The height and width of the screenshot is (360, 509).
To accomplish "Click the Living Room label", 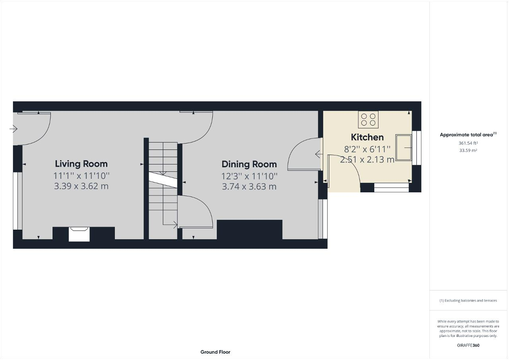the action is [x=82, y=164].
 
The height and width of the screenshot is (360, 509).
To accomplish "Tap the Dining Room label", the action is [x=249, y=165].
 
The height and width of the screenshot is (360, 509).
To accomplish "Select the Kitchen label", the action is [x=367, y=137].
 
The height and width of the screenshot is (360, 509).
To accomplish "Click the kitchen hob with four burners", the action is [x=368, y=119].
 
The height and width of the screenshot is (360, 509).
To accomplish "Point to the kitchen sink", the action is [x=404, y=147].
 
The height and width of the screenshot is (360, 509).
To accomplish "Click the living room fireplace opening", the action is [x=79, y=234].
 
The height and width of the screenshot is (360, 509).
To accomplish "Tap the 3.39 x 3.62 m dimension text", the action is [x=81, y=186].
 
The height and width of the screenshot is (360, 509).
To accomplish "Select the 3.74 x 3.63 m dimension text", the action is [x=249, y=187].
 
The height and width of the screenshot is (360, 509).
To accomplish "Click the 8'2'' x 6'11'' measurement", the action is [x=367, y=149].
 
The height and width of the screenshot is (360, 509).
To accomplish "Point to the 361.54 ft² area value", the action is [x=468, y=143].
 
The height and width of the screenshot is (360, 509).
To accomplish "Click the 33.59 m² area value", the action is [x=468, y=150].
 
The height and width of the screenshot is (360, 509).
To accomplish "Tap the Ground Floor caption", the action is [x=215, y=352].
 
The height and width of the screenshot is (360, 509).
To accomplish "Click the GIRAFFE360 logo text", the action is [x=468, y=345].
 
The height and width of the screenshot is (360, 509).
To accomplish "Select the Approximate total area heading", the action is [x=468, y=135].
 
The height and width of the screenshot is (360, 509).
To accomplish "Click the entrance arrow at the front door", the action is [x=14, y=129].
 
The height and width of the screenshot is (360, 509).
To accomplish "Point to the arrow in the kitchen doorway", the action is [x=319, y=154].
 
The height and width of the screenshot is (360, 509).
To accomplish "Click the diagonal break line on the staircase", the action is [x=163, y=180].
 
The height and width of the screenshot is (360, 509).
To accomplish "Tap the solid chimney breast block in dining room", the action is [x=249, y=230].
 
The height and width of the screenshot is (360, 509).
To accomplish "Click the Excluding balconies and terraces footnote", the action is [x=468, y=300].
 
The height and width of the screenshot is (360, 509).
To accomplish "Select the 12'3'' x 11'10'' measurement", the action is [x=249, y=176].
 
